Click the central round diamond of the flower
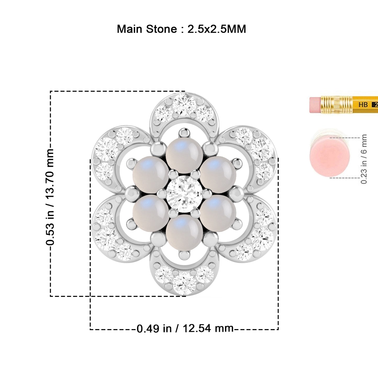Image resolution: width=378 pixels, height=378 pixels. point(184,194)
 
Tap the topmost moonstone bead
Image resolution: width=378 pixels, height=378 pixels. point(184,155)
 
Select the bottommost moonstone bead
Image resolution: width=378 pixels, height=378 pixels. point(184,233)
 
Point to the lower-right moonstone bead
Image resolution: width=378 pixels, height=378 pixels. point(218,213)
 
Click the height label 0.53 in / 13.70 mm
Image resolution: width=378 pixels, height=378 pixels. point(50,197)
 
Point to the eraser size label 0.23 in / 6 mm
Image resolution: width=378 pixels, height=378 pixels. point(364,159)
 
